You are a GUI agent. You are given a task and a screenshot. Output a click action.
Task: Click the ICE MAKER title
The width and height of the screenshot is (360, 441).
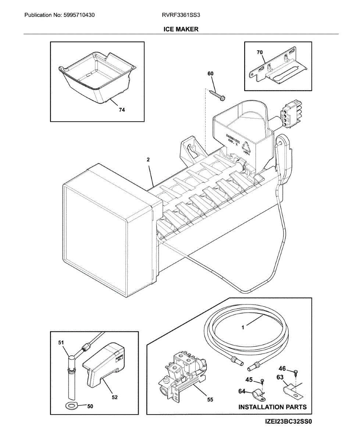coord(181,29)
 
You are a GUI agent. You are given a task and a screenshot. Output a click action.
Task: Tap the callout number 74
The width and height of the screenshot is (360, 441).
coord(122,110)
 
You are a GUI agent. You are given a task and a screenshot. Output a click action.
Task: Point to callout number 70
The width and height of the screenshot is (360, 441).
coord(260,53)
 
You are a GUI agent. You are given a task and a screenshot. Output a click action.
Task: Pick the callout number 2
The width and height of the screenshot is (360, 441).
coord(148,159)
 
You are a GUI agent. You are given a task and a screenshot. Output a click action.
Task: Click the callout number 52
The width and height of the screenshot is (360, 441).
coord(115,397)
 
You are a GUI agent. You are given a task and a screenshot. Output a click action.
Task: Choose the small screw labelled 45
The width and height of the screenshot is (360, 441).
coord(262,380)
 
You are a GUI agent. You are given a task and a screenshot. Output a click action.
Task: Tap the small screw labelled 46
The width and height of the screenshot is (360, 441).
coord(296,372)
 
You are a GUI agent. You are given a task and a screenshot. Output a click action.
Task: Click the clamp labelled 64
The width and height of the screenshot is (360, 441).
coord(259,395)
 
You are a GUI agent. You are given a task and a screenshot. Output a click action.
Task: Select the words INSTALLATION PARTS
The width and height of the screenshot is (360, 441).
coord(272,407)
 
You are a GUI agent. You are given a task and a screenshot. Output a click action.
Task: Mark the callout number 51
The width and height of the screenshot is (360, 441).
coord(61,343)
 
